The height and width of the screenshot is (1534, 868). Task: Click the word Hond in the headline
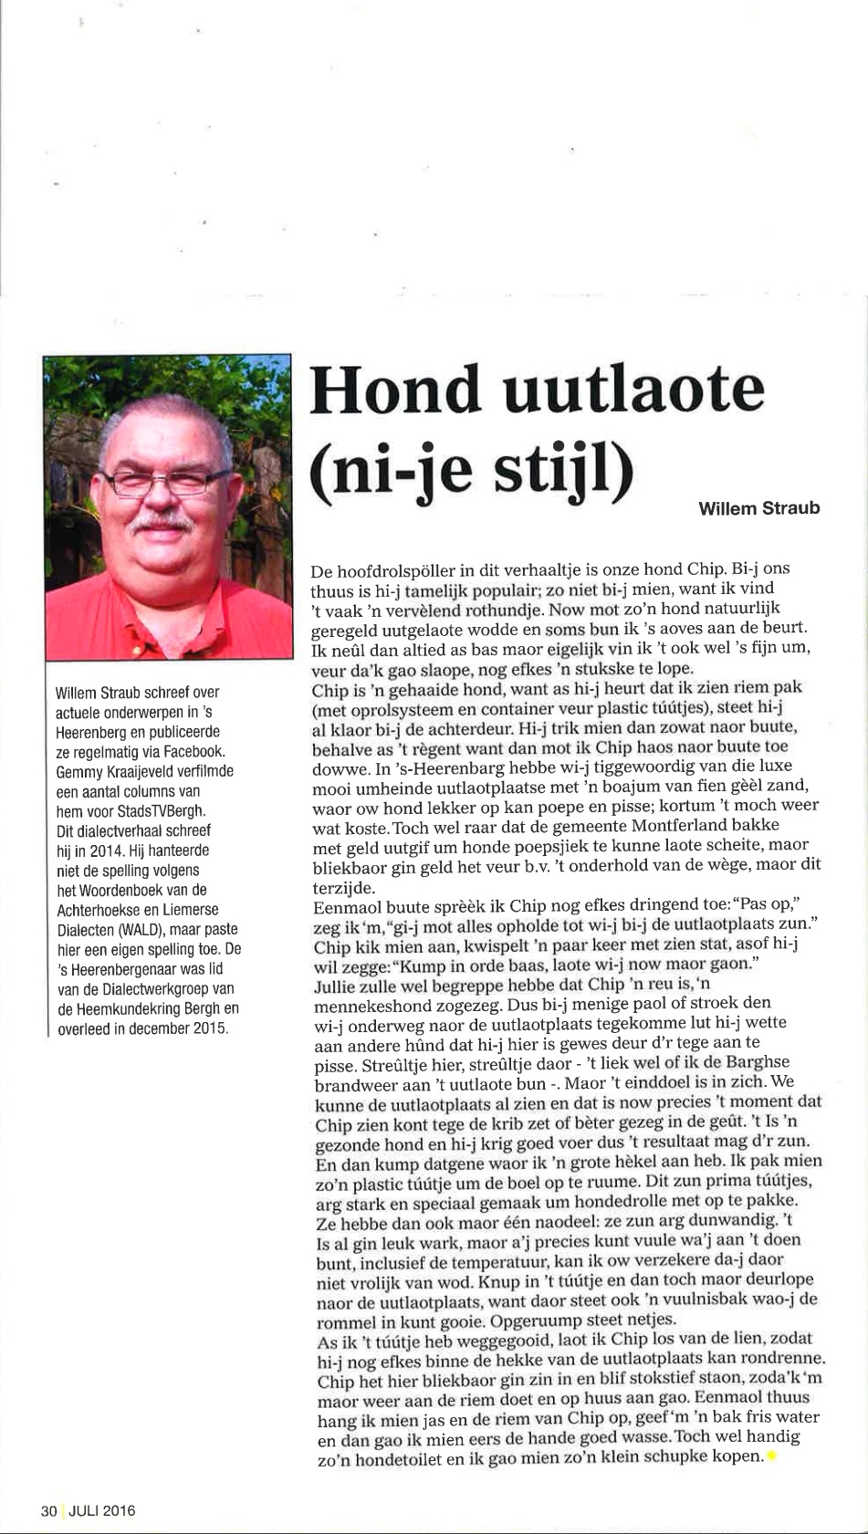tap(394, 389)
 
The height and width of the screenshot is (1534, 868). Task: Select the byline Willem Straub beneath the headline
tap(758, 508)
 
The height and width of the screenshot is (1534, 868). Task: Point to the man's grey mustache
tap(162, 524)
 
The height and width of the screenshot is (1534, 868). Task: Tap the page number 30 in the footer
tap(48, 1510)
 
